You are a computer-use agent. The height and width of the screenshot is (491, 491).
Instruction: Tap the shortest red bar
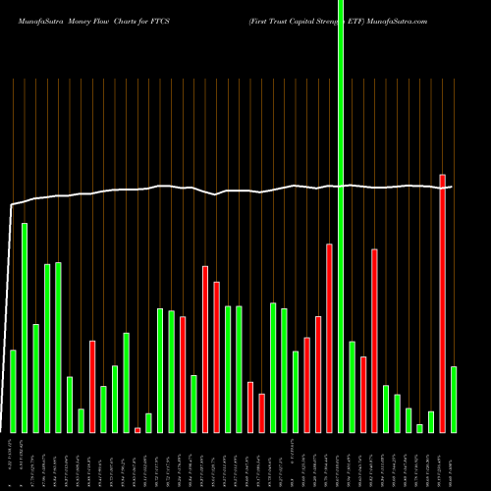pos(137,430)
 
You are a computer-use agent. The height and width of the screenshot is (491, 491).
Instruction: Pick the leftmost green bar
pos(13,391)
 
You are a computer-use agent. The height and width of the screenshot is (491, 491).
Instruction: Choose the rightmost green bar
pos(454,399)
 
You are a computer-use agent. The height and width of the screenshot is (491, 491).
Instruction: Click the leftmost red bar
pos(92,386)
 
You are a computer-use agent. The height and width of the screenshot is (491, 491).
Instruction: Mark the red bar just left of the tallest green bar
pos(329,338)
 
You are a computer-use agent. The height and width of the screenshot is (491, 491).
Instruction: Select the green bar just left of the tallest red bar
pos(431,421)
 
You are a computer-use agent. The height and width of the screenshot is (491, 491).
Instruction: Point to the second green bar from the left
pos(25,327)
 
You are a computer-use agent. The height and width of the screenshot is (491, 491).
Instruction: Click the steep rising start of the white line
pos(10,295)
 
